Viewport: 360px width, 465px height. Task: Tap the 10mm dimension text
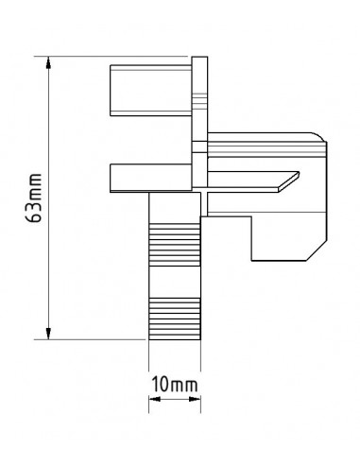pyautogui.click(x=174, y=385)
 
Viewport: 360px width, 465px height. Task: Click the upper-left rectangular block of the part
pyautogui.click(x=150, y=89)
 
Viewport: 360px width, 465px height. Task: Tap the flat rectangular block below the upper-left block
pyautogui.click(x=150, y=177)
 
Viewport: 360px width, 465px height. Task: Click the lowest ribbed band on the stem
pyautogui.click(x=175, y=317)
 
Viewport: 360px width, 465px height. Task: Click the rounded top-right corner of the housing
pyautogui.click(x=317, y=134)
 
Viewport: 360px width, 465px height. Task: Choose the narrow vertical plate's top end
pyautogui.click(x=198, y=60)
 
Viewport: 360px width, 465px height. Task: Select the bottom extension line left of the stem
pyautogui.click(x=94, y=337)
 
